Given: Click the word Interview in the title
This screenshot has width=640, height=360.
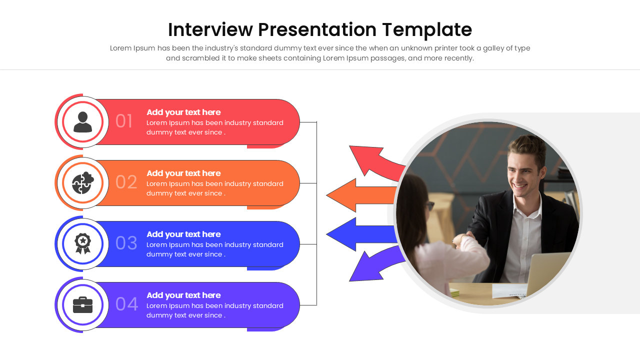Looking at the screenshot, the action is pyautogui.click(x=210, y=29).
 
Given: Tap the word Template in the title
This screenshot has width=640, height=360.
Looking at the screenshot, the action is pyautogui.click(x=427, y=30).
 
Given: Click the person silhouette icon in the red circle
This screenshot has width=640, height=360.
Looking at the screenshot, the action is pyautogui.click(x=83, y=122).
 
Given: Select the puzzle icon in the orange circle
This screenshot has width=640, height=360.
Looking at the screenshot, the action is pyautogui.click(x=83, y=183).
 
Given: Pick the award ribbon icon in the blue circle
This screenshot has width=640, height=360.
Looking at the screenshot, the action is pyautogui.click(x=83, y=243).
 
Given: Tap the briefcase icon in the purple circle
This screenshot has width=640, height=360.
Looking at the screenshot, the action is pyautogui.click(x=83, y=305).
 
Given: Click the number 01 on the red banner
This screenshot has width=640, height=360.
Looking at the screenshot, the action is pyautogui.click(x=123, y=121).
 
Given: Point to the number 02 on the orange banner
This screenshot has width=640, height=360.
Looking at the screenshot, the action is pyautogui.click(x=126, y=182).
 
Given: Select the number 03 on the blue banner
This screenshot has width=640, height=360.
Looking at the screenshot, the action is pyautogui.click(x=126, y=243).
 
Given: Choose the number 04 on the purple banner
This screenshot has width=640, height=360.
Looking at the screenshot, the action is pyautogui.click(x=127, y=304).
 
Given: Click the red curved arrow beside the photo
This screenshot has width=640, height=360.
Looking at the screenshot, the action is pyautogui.click(x=374, y=161).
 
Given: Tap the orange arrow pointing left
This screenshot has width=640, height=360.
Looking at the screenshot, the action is pyautogui.click(x=361, y=195).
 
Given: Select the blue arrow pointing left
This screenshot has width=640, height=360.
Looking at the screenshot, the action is pyautogui.click(x=361, y=234).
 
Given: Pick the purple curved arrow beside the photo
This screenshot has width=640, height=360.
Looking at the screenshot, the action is pyautogui.click(x=374, y=265).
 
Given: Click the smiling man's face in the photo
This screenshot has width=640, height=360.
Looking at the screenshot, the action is pyautogui.click(x=524, y=174).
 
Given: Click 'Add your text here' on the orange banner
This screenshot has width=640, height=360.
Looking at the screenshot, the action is pyautogui.click(x=183, y=173).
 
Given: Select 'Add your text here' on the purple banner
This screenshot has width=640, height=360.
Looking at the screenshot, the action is pyautogui.click(x=183, y=295).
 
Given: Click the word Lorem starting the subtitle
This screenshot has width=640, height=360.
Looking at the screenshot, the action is pyautogui.click(x=120, y=48).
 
